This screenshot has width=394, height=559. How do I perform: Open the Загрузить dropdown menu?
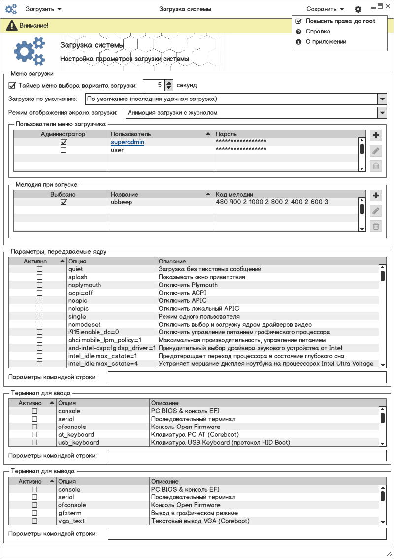click(43, 9)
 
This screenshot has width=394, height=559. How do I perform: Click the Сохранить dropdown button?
click(325, 9)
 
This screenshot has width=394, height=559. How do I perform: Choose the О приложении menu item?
click(326, 42)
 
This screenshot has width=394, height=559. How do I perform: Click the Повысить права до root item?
click(340, 21)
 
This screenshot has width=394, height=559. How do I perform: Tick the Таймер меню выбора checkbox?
click(12, 85)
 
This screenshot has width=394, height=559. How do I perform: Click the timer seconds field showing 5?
click(153, 85)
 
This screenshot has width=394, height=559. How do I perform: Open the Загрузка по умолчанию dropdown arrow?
click(382, 99)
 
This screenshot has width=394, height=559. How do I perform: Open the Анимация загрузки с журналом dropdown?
click(382, 113)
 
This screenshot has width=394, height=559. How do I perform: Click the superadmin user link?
click(128, 142)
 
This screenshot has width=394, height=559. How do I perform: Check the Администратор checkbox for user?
click(63, 150)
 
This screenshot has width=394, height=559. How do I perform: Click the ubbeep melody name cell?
click(122, 202)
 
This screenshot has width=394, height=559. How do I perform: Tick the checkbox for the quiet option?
click(39, 269)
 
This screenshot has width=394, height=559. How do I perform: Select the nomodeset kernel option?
click(85, 325)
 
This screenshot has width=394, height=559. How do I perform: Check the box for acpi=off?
click(39, 293)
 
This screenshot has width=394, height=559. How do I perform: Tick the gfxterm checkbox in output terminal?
click(34, 513)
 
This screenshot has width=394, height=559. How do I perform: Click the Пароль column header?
click(227, 134)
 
